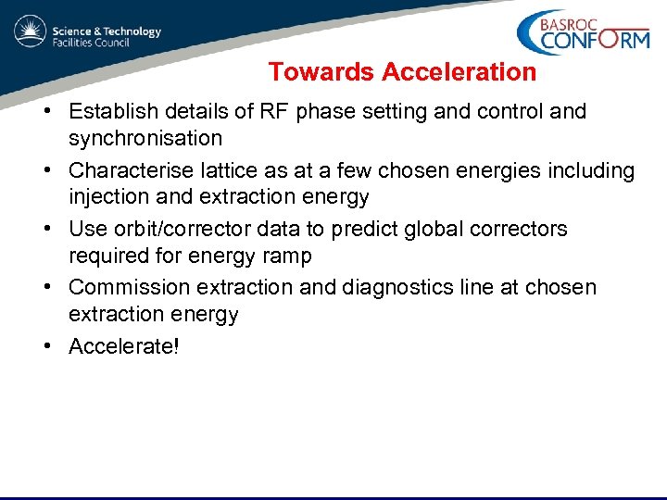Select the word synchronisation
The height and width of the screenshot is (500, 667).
pos(145,139)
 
